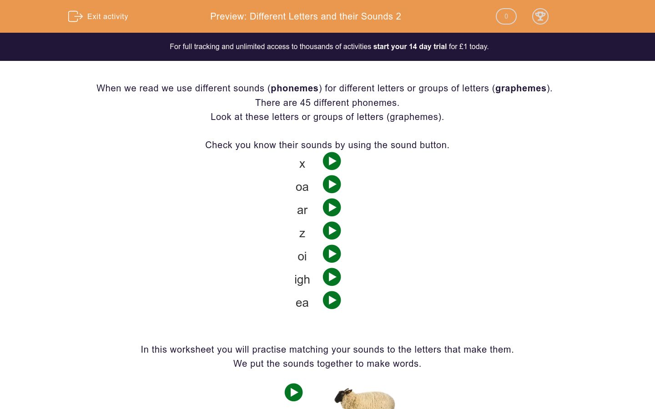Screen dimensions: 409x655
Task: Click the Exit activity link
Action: coord(99,16)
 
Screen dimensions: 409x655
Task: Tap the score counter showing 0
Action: coord(506,16)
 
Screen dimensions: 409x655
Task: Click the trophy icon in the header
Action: coord(540,16)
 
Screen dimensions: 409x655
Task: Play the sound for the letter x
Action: coord(332,161)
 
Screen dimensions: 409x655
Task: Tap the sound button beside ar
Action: coord(332,208)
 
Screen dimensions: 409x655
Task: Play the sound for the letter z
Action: coord(332,231)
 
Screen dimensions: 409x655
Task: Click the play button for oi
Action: coord(332,254)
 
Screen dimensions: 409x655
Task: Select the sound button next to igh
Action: coord(332,277)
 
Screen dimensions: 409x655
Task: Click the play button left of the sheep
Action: coord(293,392)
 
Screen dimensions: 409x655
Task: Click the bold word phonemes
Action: coord(294,88)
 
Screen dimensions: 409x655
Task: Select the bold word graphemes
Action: coord(520,88)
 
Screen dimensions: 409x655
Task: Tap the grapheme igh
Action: coord(302,279)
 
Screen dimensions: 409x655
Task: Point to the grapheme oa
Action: coord(302,187)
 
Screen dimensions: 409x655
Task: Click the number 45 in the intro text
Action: coord(305,103)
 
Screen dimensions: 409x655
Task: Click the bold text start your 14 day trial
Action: coord(410,46)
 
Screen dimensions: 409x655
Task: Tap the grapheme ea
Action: coord(302,303)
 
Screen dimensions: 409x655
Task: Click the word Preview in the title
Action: coord(228,16)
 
